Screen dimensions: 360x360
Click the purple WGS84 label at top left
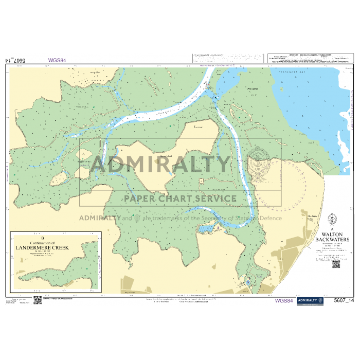click(57, 60)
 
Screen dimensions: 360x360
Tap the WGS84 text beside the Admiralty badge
click(284, 301)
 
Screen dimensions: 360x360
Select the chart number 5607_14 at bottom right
click(344, 301)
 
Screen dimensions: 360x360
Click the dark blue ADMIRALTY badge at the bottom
click(310, 300)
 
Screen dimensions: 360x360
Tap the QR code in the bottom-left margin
click(37, 300)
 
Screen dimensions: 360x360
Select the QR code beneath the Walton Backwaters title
click(336, 264)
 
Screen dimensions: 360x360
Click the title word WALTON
click(332, 233)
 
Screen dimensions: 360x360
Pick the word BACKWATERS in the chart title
click(332, 239)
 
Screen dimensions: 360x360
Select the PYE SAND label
click(252, 89)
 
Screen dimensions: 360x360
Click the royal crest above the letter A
click(332, 218)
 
